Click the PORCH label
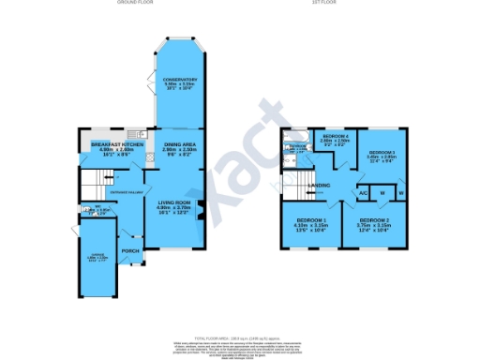click(x=130, y=250)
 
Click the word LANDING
click(x=319, y=187)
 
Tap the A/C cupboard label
click(x=361, y=193)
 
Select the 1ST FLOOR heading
click(x=345, y=4)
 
